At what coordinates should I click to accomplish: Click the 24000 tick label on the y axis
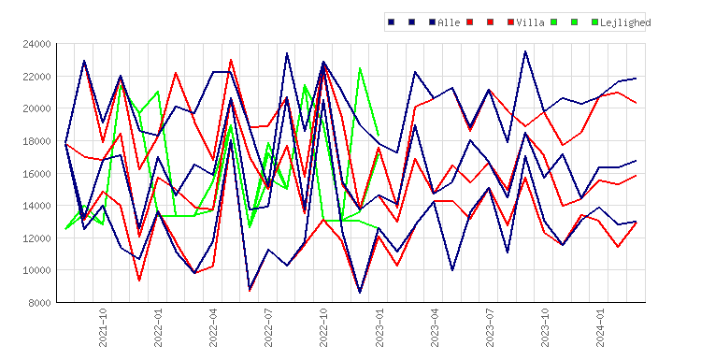pyautogui.click(x=36, y=44)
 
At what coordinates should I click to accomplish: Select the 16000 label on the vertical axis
pyautogui.click(x=36, y=174)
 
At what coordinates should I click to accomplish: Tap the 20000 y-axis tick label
pyautogui.click(x=36, y=108)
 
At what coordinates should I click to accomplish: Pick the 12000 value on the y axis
pyautogui.click(x=36, y=238)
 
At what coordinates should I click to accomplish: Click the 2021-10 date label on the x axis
pyautogui.click(x=103, y=327)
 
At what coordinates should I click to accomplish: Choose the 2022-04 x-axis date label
pyautogui.click(x=213, y=327)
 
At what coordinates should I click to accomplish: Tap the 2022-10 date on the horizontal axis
pyautogui.click(x=323, y=327)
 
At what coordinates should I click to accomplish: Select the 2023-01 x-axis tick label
pyautogui.click(x=379, y=327)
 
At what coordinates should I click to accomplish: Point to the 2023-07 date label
pyautogui.click(x=490, y=327)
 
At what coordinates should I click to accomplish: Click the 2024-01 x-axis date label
pyautogui.click(x=600, y=327)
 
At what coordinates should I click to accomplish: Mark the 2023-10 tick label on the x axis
pyautogui.click(x=545, y=327)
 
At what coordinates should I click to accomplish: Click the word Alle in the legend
pyautogui.click(x=449, y=22)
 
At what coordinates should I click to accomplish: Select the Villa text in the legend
pyautogui.click(x=530, y=22)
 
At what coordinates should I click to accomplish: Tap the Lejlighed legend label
pyautogui.click(x=625, y=22)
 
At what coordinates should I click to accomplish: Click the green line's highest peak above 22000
pyautogui.click(x=360, y=68)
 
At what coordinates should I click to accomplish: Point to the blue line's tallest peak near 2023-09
pyautogui.click(x=525, y=51)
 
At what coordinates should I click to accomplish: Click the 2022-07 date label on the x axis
pyautogui.click(x=268, y=327)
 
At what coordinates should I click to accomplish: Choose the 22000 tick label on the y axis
pyautogui.click(x=36, y=77)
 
